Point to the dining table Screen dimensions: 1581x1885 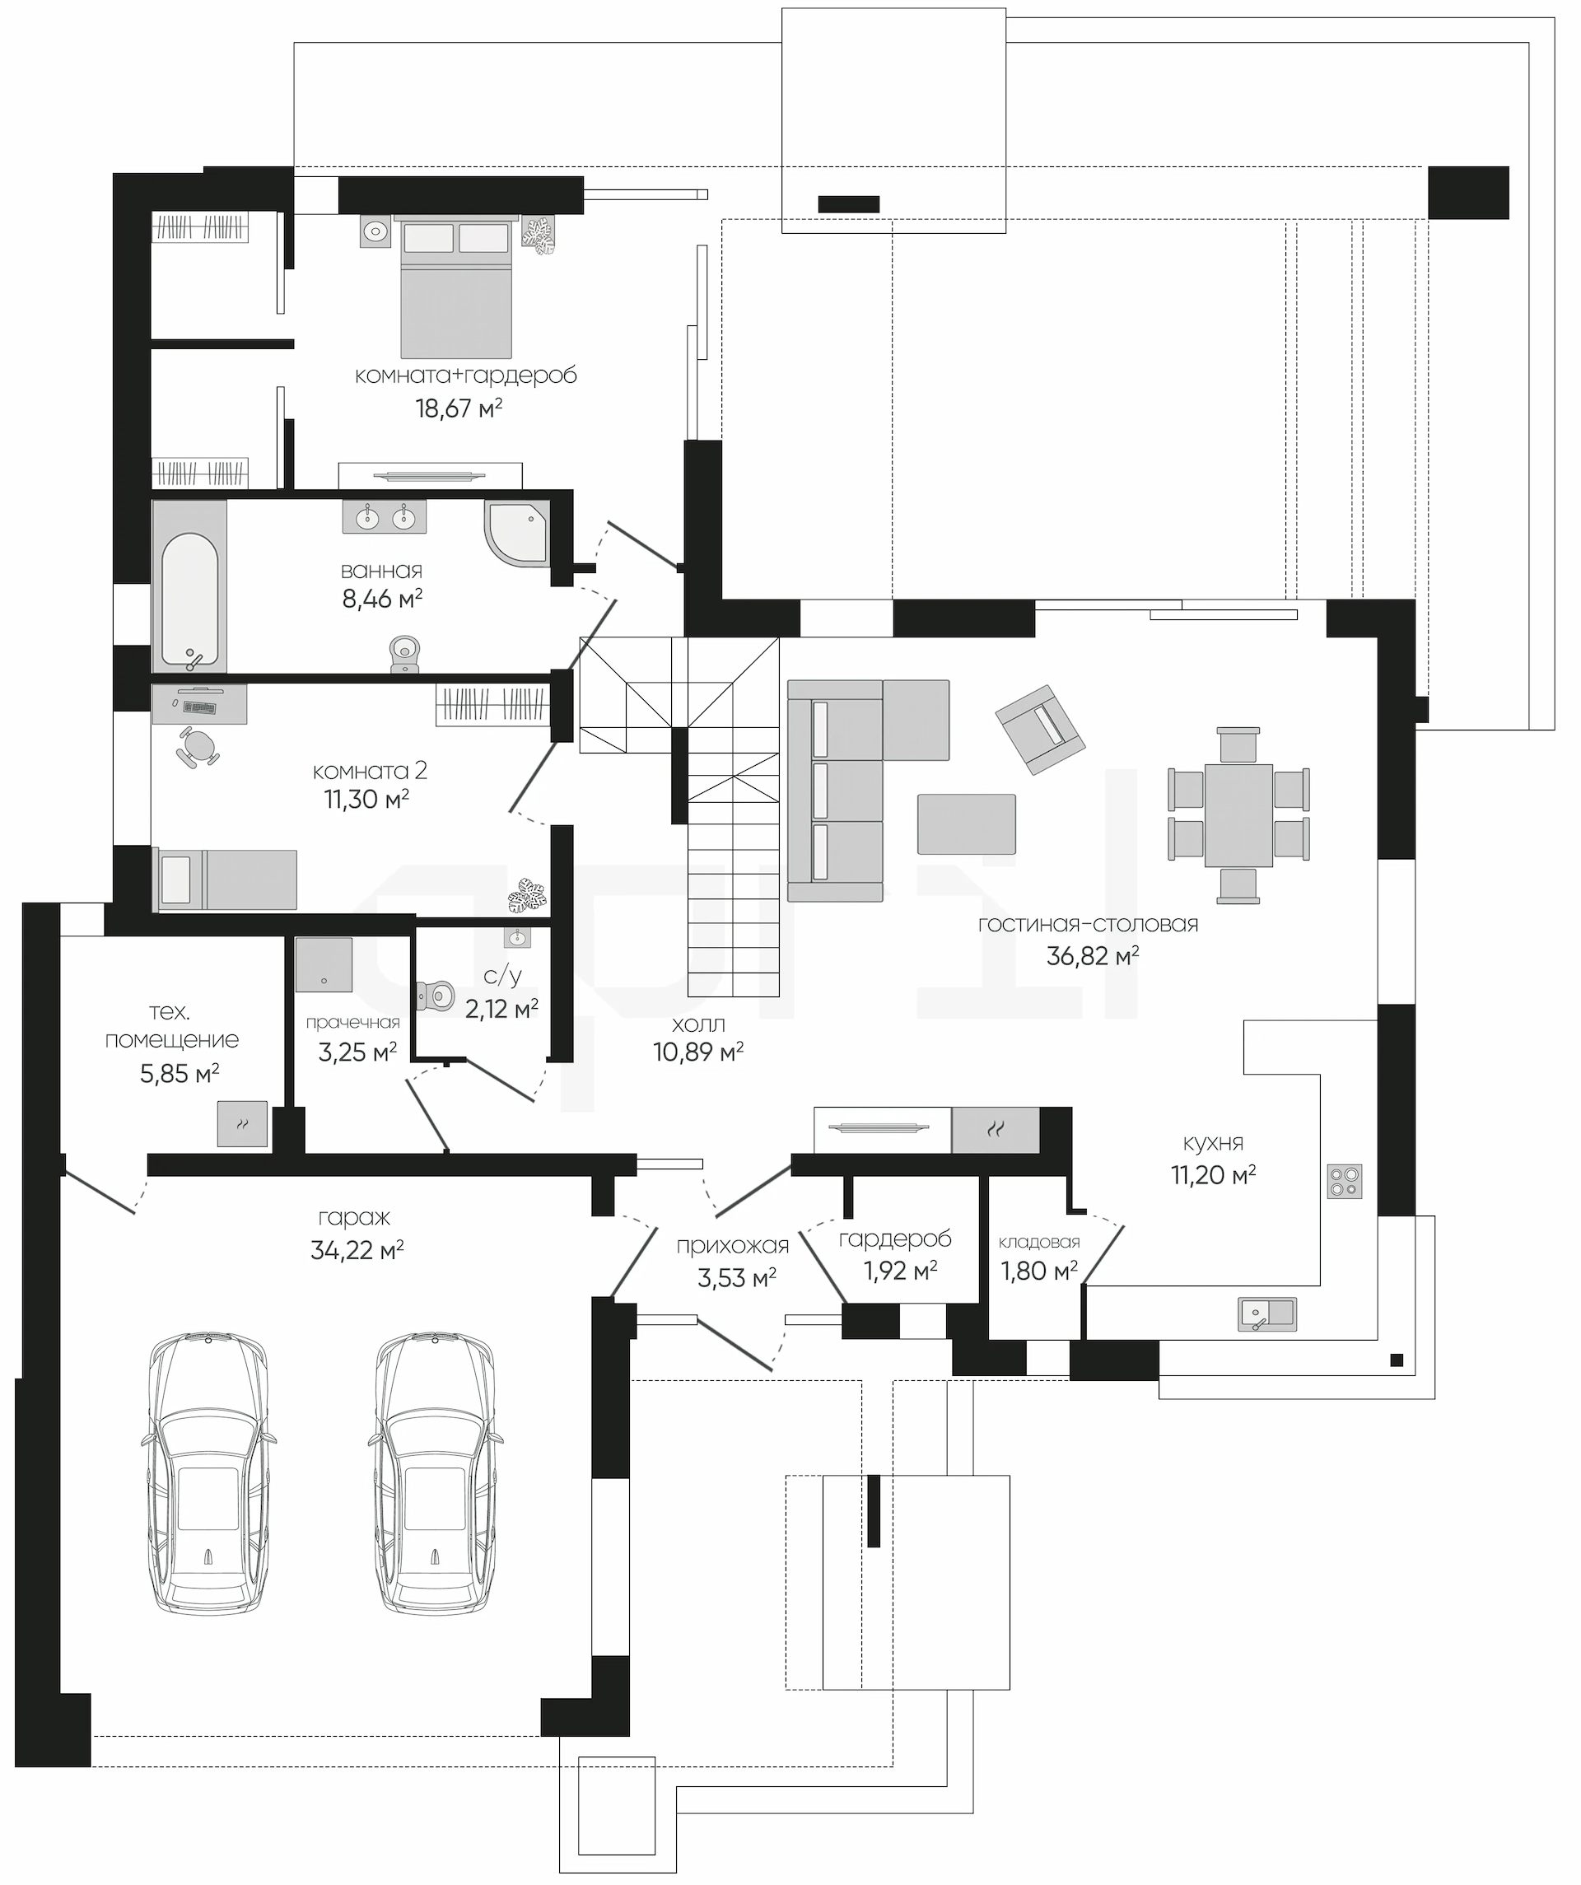point(1238,815)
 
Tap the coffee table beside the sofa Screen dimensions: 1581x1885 point(966,824)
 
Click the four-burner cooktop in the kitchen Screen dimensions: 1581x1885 point(1344,1181)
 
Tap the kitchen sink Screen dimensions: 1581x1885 point(1266,1314)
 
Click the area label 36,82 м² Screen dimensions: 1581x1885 point(1093,956)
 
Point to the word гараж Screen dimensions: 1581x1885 point(354,1218)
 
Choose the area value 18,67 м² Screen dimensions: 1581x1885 point(458,408)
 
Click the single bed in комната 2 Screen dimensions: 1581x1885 point(227,880)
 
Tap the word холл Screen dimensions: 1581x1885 point(698,1024)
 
